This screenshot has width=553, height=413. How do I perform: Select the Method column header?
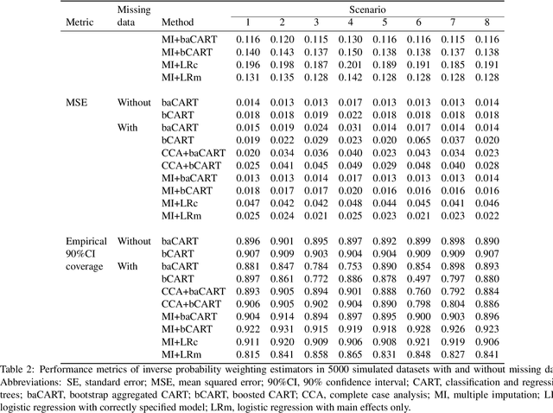178,21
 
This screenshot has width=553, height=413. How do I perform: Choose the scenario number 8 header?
487,21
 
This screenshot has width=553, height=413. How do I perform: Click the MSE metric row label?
78,102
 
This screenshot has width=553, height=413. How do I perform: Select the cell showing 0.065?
420,139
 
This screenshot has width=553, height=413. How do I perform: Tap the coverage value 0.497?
420,279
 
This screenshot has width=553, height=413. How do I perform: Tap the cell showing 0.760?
420,292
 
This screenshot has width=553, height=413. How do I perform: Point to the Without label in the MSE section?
134,102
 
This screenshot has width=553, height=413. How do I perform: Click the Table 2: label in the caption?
20,369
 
